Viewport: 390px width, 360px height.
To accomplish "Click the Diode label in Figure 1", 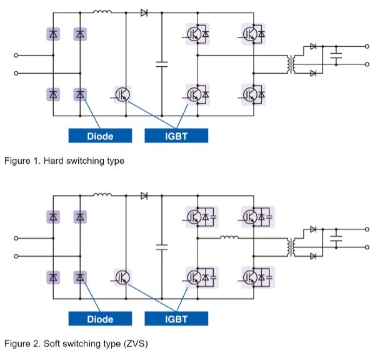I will click(100, 136).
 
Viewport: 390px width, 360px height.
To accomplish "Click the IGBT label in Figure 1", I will click(176, 136).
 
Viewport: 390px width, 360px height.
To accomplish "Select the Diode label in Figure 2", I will click(100, 319).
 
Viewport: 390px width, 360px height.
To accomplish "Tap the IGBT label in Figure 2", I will click(176, 319).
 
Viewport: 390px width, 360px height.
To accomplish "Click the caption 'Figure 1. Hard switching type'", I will click(64, 161).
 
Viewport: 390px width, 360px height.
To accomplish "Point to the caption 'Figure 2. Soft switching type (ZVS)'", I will click(76, 344).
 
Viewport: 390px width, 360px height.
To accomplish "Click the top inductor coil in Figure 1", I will click(102, 11).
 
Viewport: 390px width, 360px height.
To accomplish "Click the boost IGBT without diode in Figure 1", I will click(122, 94).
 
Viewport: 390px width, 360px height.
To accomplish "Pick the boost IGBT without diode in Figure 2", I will click(122, 277).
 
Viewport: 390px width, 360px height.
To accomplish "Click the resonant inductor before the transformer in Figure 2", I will click(229, 237).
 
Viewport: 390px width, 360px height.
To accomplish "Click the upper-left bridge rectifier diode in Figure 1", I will click(54, 34).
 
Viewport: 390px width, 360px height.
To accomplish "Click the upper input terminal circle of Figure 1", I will click(17, 55).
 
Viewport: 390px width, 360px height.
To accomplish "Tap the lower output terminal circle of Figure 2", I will click(367, 247).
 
